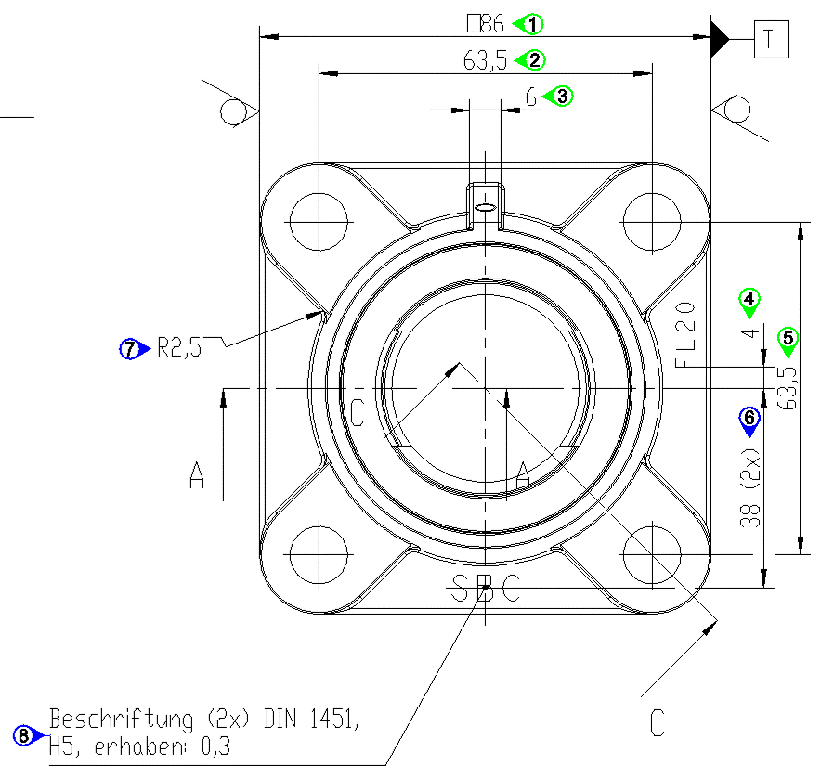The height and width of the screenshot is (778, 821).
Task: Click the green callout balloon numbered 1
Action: click(x=533, y=22)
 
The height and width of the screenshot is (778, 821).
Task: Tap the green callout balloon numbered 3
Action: click(x=561, y=95)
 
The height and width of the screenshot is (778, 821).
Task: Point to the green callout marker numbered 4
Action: click(x=749, y=299)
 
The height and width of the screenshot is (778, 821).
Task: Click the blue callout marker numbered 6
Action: click(x=749, y=420)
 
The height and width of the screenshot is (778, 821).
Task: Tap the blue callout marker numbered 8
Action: click(x=25, y=735)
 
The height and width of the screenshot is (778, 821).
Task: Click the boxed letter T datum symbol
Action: click(x=770, y=40)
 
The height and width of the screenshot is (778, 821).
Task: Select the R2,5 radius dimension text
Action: click(x=178, y=349)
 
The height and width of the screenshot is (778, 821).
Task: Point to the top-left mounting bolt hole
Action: click(x=319, y=222)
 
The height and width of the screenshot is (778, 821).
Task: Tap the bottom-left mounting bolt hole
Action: click(x=319, y=554)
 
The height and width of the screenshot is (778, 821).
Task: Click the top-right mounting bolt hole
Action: click(x=652, y=222)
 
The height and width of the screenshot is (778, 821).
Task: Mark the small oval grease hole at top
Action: click(x=484, y=206)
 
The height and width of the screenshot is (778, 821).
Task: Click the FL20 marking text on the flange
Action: click(x=684, y=334)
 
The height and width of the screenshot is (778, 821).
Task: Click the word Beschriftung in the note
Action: click(x=110, y=720)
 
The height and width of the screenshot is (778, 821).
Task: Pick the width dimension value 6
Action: click(x=531, y=97)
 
